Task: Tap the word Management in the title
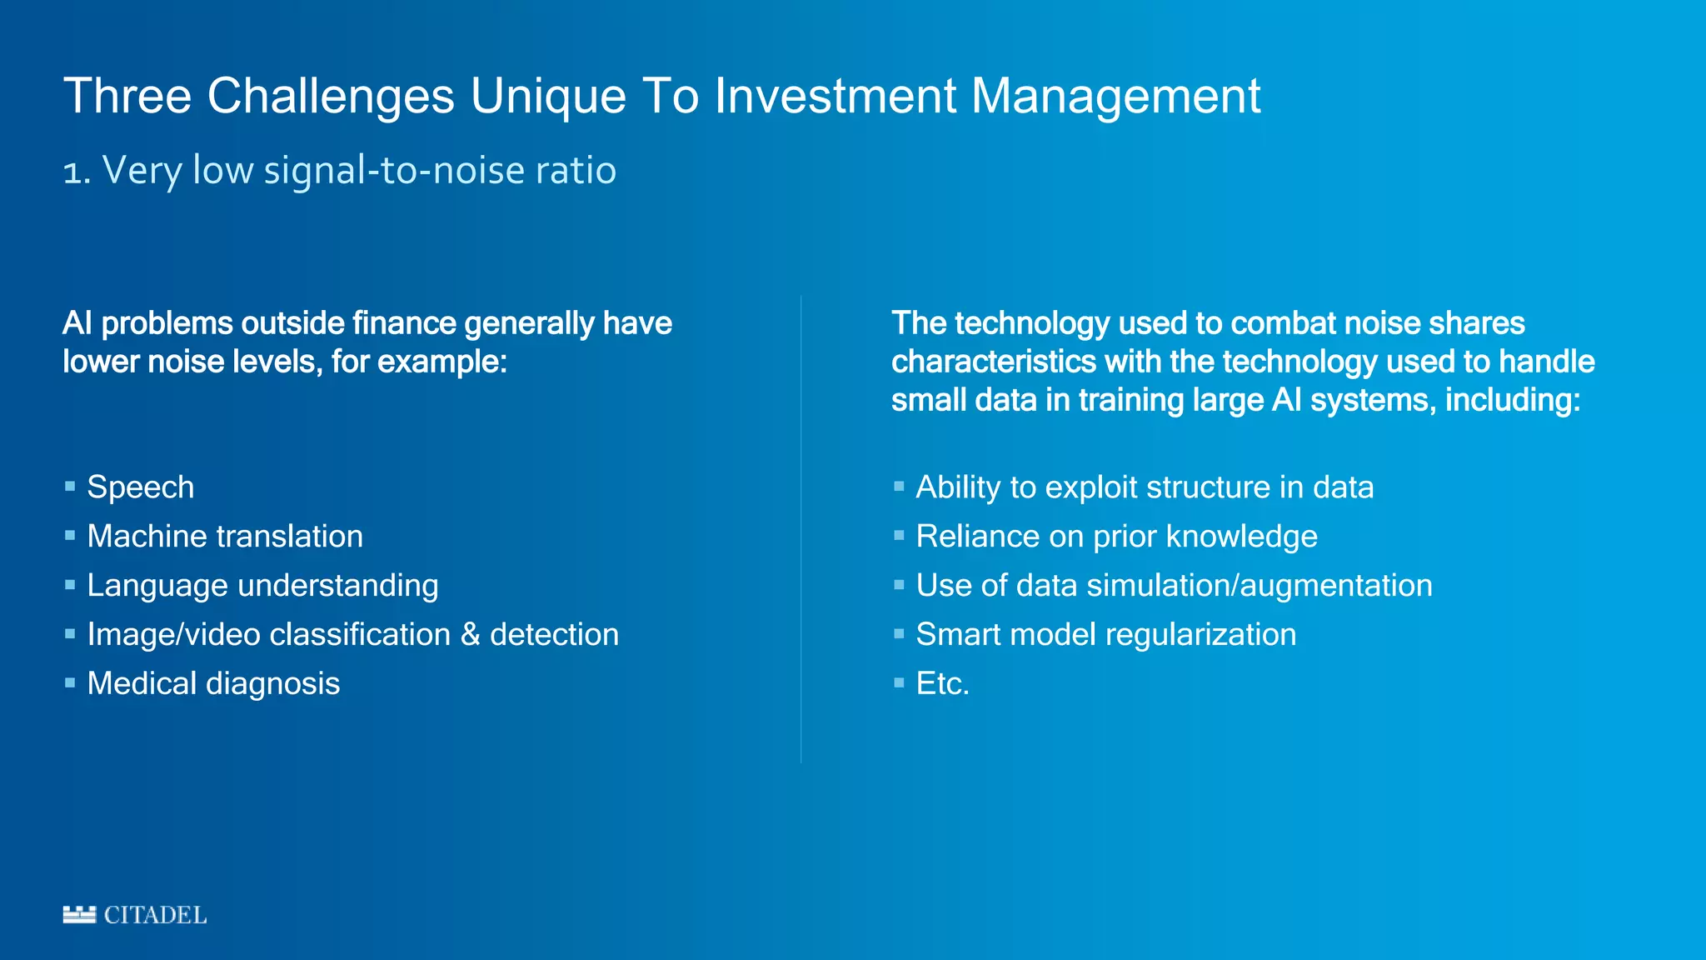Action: pyautogui.click(x=1116, y=96)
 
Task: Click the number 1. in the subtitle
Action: pyautogui.click(x=76, y=172)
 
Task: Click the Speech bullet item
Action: pyautogui.click(x=140, y=487)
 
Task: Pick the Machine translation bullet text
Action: pyautogui.click(x=225, y=537)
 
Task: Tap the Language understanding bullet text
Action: pyautogui.click(x=262, y=586)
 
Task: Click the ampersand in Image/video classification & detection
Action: pyautogui.click(x=471, y=635)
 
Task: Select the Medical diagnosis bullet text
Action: pyautogui.click(x=213, y=684)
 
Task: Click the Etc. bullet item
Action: pyautogui.click(x=942, y=684)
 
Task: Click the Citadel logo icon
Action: pyautogui.click(x=79, y=914)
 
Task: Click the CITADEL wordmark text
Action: pyautogui.click(x=155, y=915)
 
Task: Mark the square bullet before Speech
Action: pyautogui.click(x=70, y=486)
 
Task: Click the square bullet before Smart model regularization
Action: pyautogui.click(x=899, y=633)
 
